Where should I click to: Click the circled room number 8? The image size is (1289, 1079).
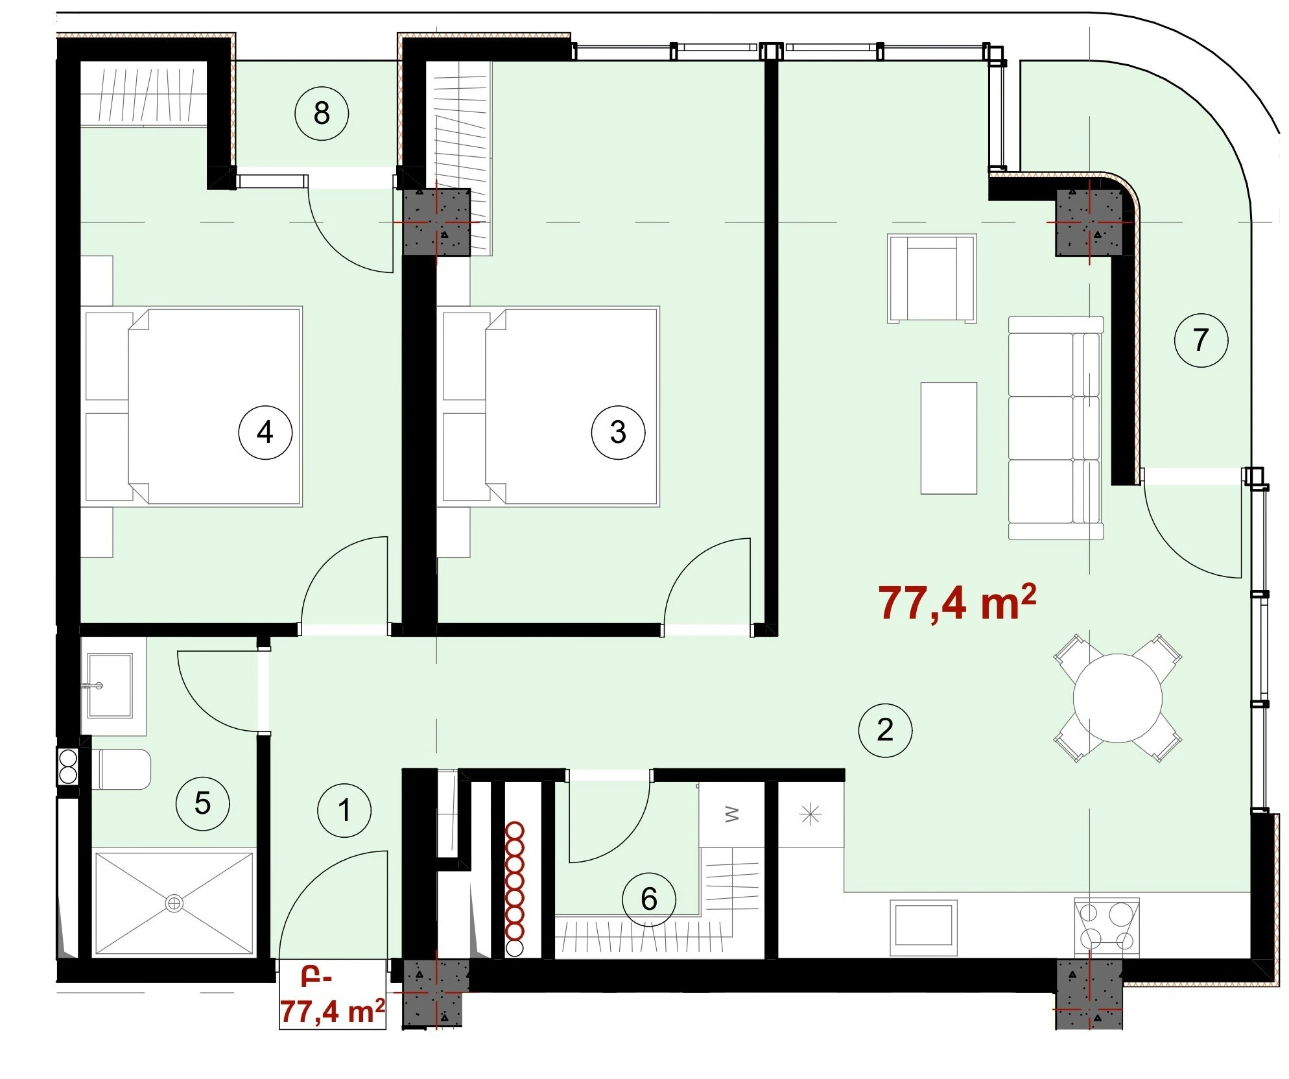[322, 113]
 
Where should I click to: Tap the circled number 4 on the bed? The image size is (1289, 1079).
[265, 433]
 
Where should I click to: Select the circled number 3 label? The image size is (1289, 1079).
[618, 433]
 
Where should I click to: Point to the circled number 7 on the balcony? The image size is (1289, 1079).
[1201, 340]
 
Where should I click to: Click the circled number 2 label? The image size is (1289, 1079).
[885, 730]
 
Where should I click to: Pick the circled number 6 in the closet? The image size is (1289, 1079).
[648, 899]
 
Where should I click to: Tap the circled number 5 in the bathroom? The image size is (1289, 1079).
[203, 803]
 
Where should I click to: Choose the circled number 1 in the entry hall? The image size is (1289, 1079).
[344, 810]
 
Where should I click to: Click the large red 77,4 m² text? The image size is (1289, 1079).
[957, 603]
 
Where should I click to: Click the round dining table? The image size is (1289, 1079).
[1117, 698]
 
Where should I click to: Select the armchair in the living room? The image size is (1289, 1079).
[932, 278]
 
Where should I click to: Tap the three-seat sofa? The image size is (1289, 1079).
[1056, 428]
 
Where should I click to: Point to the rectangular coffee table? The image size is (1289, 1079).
[949, 438]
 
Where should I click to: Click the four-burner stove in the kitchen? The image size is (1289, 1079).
[1107, 927]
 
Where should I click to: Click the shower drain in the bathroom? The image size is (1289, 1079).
[174, 903]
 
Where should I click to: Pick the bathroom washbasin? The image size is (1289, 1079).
[110, 685]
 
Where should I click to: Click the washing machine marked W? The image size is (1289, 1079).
[732, 814]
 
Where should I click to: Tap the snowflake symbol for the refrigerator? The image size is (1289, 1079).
[810, 814]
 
